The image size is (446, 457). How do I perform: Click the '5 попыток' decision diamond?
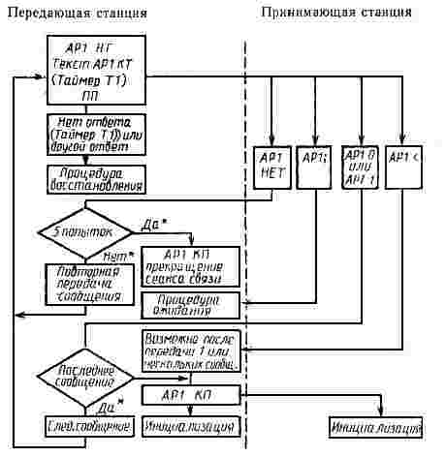pyautogui.click(x=85, y=233)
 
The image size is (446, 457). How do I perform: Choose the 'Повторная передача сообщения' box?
pyautogui.click(x=87, y=285)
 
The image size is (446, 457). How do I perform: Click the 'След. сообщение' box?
pyautogui.click(x=87, y=426)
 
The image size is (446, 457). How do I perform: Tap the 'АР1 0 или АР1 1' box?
pyautogui.click(x=359, y=165)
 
